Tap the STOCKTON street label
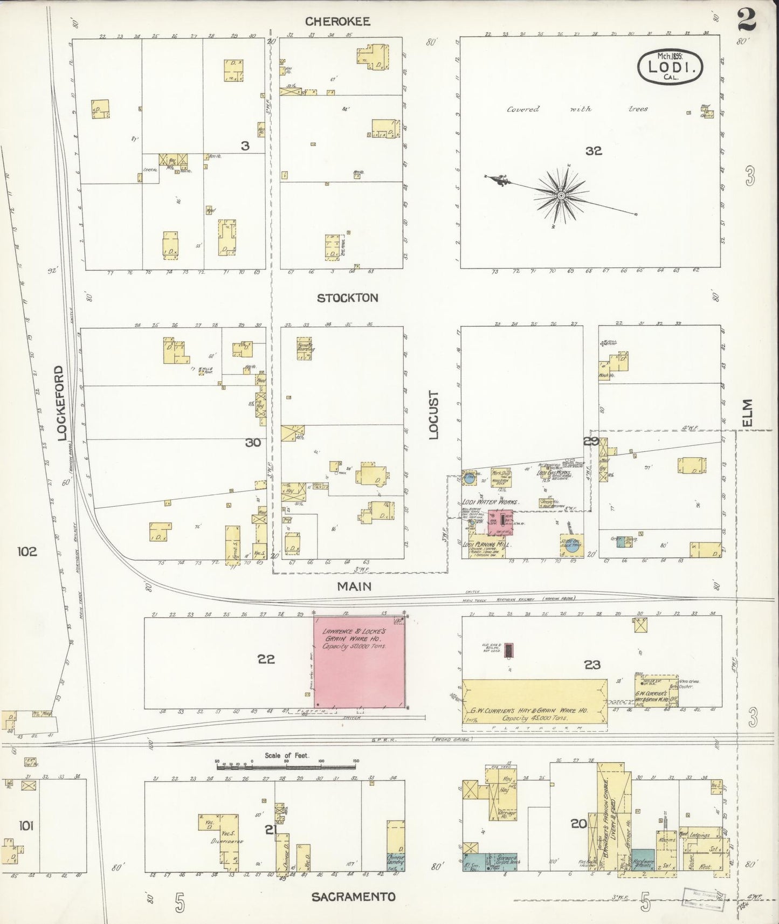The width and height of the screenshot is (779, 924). coord(348,298)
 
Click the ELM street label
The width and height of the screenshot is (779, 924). coord(747,412)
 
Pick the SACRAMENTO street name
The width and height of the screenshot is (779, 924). coord(354,898)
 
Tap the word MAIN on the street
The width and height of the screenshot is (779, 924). coord(355,587)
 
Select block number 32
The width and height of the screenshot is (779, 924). coord(594,151)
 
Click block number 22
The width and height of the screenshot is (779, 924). coord(266,659)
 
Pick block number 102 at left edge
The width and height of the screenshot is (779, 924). coord(26,552)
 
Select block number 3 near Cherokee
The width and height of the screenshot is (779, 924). coord(245,145)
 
